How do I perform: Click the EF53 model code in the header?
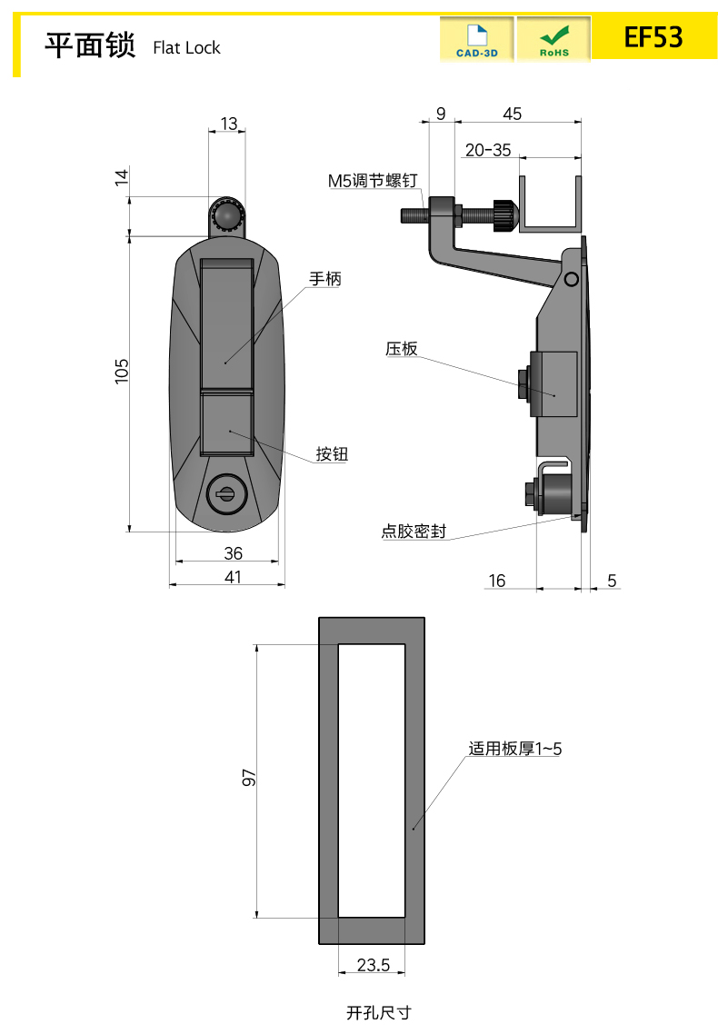[653, 37]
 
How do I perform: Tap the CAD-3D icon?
[476, 40]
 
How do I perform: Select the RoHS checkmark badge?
[553, 40]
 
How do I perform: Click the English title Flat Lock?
[186, 48]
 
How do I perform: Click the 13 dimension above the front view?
[228, 124]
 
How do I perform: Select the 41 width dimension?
[233, 576]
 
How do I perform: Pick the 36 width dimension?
[233, 552]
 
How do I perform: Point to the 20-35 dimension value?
[488, 150]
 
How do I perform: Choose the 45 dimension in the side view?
[513, 114]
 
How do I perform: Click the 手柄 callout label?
[324, 280]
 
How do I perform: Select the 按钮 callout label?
[332, 454]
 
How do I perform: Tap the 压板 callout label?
[401, 348]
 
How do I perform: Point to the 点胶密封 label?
[414, 532]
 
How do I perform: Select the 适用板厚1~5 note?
[515, 749]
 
